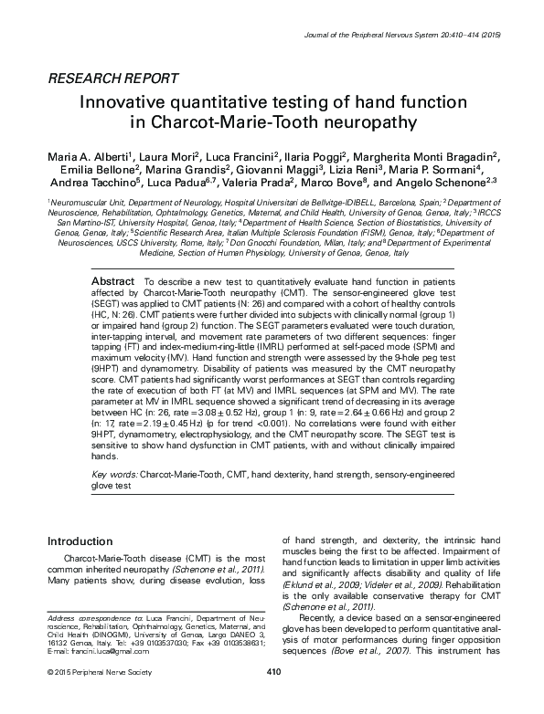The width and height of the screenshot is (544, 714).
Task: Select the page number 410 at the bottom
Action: tap(272, 698)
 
